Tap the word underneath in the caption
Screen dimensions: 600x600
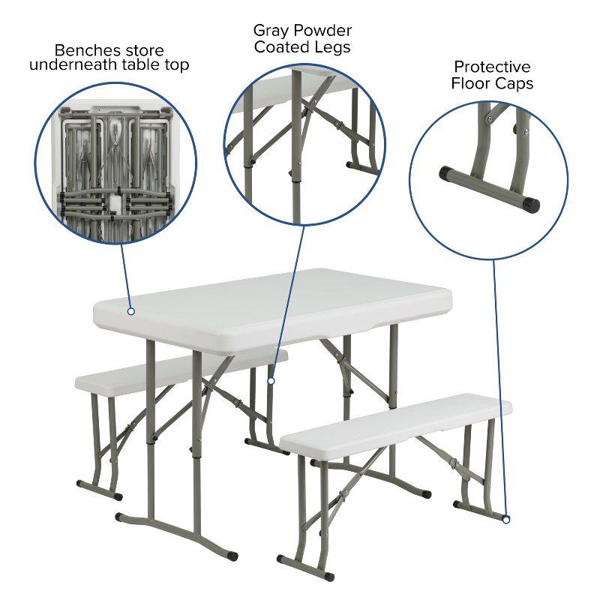[x=67, y=65]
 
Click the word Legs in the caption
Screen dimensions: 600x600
[x=333, y=47]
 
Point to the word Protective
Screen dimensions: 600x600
[x=492, y=67]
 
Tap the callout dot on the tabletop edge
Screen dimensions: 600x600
[x=130, y=310]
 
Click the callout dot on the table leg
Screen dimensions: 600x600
[x=271, y=381]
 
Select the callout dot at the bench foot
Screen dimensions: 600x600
[x=506, y=519]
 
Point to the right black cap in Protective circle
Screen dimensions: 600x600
[x=531, y=202]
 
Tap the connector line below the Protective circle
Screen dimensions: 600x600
[x=500, y=375]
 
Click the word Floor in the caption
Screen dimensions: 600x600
[x=471, y=83]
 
